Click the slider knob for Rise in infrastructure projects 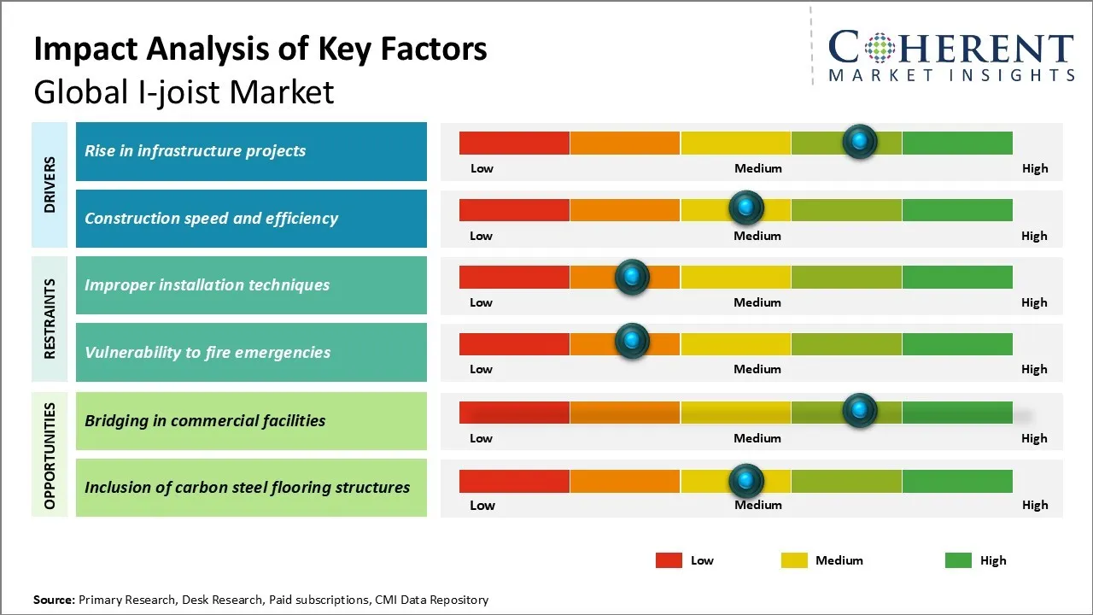point(859,141)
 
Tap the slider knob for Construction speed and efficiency point(746,208)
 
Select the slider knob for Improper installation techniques point(632,276)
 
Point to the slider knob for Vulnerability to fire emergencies point(632,342)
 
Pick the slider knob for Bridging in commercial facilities point(859,411)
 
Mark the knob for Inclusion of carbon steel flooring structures point(746,481)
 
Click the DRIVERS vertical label point(50,184)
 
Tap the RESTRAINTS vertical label point(50,319)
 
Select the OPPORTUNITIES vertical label point(50,455)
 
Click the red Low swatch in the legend point(669,560)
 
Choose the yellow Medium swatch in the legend point(794,560)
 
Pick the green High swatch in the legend point(958,560)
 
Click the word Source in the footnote point(54,600)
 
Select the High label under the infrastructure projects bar point(1035,168)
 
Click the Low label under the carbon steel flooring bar point(482,505)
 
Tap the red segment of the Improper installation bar point(514,277)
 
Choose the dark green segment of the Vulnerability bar point(956,343)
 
